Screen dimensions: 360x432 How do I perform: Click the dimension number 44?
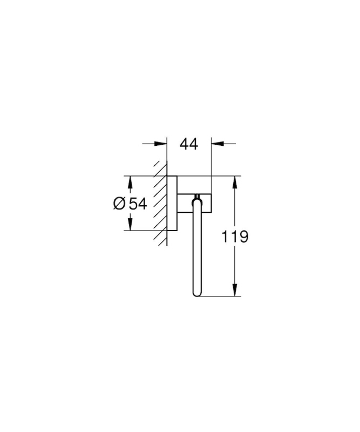coord(189,144)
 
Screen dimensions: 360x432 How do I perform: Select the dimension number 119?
coord(235,237)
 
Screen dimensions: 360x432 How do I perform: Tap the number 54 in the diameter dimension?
coord(138,204)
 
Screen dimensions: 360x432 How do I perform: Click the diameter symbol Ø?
coord(119,204)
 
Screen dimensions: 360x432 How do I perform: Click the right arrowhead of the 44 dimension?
coord(218,144)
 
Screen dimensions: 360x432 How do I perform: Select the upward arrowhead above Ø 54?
coord(130,182)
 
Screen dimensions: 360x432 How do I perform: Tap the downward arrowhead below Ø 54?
coord(130,224)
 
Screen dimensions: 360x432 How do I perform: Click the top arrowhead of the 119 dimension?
coord(235,182)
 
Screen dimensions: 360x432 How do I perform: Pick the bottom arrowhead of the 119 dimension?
coord(235,290)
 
